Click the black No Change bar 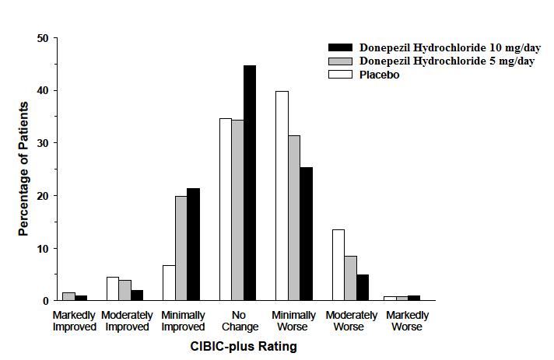pos(249,183)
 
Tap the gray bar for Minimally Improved pos(181,248)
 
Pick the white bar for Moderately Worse pos(338,265)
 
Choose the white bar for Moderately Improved pos(113,288)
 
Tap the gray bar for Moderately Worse pos(350,278)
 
